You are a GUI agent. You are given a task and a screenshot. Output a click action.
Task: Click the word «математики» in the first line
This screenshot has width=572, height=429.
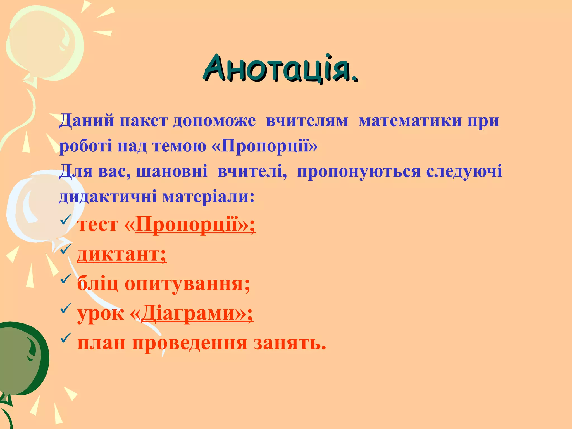point(410,121)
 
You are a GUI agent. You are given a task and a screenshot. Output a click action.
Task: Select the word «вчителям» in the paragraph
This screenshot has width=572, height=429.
point(307,121)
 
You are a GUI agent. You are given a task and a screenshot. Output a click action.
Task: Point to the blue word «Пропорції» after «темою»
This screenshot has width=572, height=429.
point(268,146)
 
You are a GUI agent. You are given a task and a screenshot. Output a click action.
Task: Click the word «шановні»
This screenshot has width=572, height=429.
point(172,171)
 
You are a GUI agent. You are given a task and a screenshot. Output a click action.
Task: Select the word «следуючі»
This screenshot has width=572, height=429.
point(464,171)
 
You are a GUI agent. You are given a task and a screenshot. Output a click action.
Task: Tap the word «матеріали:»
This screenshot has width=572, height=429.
point(208,196)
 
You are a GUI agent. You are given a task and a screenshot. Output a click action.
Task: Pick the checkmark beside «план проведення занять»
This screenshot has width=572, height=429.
point(66,338)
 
